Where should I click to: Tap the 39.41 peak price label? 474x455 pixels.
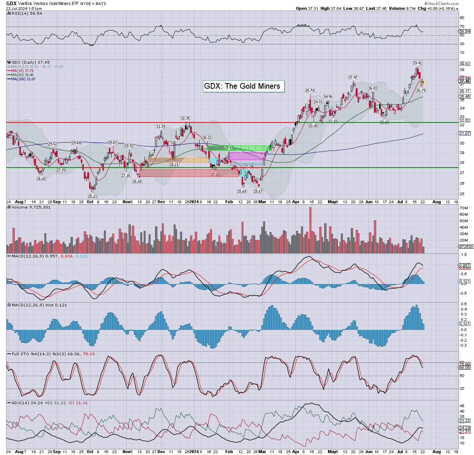coord(417,63)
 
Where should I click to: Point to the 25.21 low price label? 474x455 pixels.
coord(93,196)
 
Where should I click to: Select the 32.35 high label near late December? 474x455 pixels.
coord(185,119)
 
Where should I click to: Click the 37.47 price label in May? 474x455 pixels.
coord(353,77)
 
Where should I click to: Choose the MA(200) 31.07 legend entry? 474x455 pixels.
coord(23,79)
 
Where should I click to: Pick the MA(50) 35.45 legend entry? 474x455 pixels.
coord(22,75)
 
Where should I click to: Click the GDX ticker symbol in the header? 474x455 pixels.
coord(11,3)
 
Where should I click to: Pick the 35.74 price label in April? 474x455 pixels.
coord(310,91)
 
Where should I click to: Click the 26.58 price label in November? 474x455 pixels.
coord(137,182)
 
